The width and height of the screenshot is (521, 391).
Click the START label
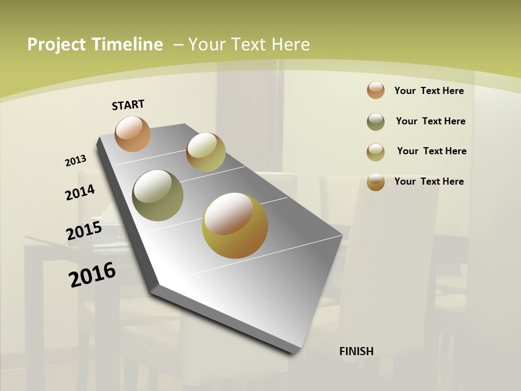pos(128,105)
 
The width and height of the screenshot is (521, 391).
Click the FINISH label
pos(356,351)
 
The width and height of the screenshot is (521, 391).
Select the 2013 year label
pos(75,161)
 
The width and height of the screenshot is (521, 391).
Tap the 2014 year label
pos(80,192)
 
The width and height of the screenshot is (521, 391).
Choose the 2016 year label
pos(92,275)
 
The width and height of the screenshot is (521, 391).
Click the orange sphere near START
pos(132,134)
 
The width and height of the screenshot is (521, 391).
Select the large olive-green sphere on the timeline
pos(158,195)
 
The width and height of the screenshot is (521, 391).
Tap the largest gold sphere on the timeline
pos(235,225)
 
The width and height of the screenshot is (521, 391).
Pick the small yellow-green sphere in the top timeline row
pos(206,152)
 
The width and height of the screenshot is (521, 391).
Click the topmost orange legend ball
pos(376,91)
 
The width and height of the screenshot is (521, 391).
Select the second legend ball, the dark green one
pos(376,122)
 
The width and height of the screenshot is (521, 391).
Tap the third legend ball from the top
pos(376,152)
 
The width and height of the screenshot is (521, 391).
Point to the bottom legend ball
pos(376,182)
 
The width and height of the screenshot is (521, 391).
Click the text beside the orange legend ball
pos(429,91)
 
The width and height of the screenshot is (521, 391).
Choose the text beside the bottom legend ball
pos(429,181)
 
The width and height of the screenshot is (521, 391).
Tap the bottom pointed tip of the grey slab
pos(294,353)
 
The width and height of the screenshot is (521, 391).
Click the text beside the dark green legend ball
pos(430,121)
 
